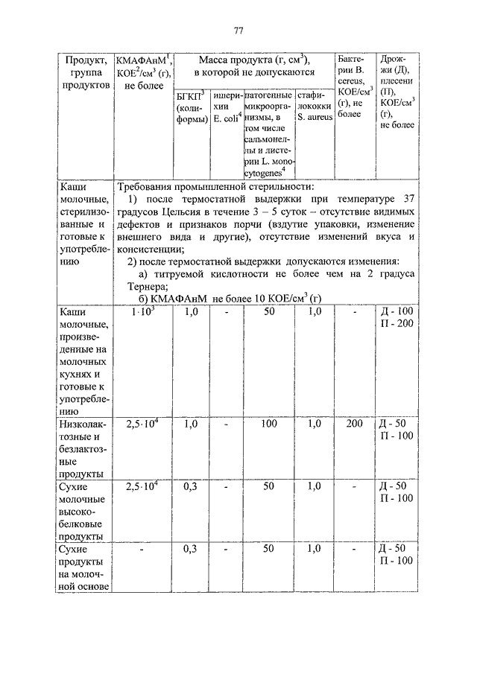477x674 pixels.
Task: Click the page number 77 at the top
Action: [x=238, y=31]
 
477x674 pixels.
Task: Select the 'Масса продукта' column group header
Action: [x=252, y=66]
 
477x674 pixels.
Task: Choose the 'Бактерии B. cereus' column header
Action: [x=354, y=86]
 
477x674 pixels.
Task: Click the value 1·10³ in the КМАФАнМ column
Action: [x=143, y=312]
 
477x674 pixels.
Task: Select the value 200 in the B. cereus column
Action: [x=354, y=424]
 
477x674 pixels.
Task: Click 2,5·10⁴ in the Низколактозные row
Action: [x=143, y=424]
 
